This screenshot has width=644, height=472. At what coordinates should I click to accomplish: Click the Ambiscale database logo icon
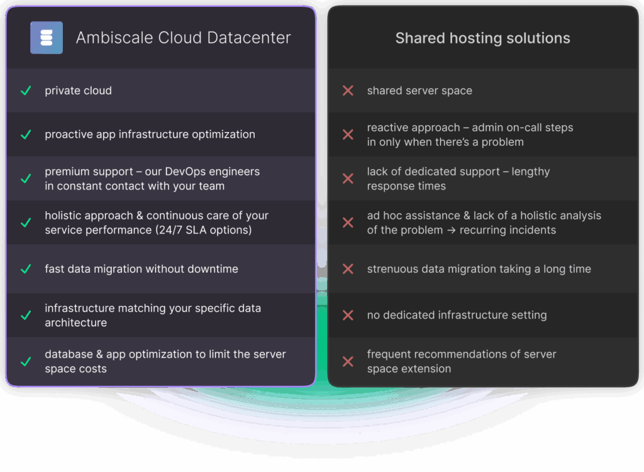(47, 38)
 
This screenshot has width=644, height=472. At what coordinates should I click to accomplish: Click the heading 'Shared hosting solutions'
(482, 38)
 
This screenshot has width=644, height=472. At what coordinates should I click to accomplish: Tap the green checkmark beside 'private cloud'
(26, 91)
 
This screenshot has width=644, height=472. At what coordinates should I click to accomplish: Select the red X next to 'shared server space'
(348, 91)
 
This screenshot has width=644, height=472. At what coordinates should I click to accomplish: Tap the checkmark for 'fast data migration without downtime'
(26, 269)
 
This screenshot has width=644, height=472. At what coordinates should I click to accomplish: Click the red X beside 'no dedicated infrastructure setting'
(348, 315)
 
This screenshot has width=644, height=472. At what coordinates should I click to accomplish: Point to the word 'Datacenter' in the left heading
(253, 38)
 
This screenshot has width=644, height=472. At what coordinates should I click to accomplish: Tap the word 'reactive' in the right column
(388, 128)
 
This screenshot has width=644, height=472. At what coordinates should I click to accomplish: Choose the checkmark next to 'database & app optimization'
(26, 361)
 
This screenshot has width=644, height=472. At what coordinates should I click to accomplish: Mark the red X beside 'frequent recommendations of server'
(348, 361)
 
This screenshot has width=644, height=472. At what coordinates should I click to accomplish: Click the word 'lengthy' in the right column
(531, 172)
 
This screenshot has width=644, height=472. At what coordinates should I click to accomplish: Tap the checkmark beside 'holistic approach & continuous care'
(26, 222)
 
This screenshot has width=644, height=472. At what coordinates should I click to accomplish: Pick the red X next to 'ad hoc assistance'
(348, 222)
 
